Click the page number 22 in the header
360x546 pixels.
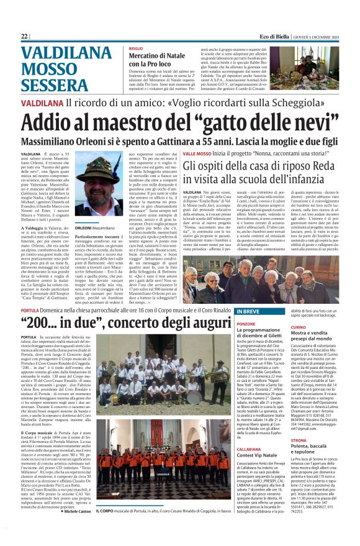[25, 37]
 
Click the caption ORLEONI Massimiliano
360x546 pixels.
[95, 228]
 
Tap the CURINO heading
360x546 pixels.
[298, 327]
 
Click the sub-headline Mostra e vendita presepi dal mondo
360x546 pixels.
[310, 338]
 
